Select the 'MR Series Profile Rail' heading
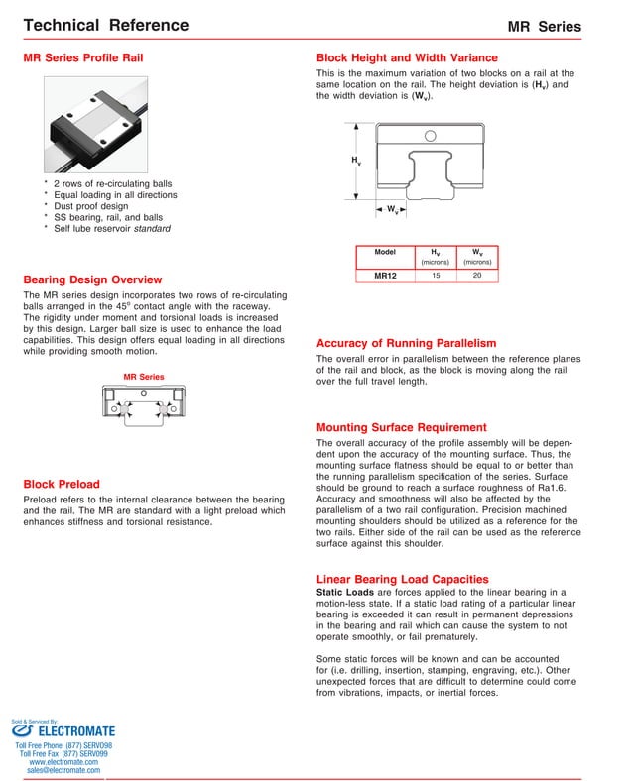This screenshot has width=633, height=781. [x=82, y=58]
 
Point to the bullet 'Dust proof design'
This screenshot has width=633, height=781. [x=90, y=206]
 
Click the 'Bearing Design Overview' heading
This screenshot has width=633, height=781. [x=91, y=279]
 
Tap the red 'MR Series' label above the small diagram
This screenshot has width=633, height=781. [x=144, y=377]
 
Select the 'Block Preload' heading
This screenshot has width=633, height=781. [x=61, y=484]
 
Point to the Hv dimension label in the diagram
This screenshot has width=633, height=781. [x=355, y=161]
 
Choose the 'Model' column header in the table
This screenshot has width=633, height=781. [x=385, y=253]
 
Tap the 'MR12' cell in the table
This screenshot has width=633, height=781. [x=385, y=276]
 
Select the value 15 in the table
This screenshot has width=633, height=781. [x=435, y=275]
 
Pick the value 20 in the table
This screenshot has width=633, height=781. [x=477, y=275]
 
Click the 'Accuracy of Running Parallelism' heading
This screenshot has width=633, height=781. [x=406, y=343]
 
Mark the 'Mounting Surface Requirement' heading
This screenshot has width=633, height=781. [x=401, y=427]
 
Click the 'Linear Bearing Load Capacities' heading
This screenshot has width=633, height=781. [x=402, y=578]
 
